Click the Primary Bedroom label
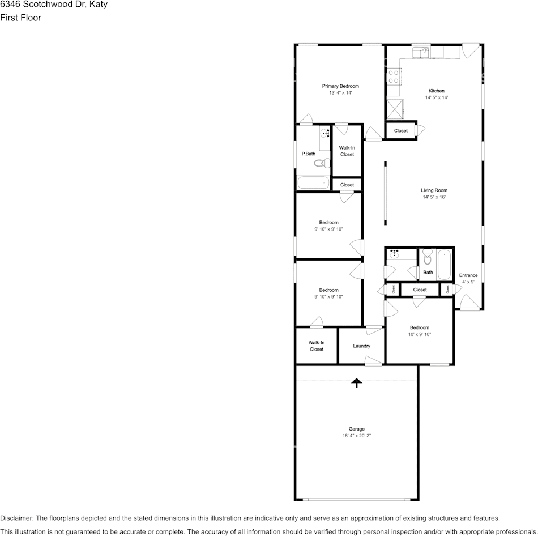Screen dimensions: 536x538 point(340,86)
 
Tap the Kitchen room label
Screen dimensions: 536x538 point(436,91)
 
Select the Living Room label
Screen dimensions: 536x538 point(434,190)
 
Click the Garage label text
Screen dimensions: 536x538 point(356,429)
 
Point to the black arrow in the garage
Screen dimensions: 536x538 point(356,383)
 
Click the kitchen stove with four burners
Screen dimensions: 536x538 point(394,76)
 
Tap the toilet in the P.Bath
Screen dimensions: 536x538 point(322,163)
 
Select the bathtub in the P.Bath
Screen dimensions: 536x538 point(313,182)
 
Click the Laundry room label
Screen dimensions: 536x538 point(361,346)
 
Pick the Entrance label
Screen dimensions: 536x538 point(468,275)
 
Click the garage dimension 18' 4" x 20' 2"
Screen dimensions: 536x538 point(356,436)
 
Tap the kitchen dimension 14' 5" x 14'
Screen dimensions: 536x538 point(436,97)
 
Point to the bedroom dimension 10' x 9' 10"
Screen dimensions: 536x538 point(419,334)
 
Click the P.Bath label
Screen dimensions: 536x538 point(308,154)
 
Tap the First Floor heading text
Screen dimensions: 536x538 point(20,18)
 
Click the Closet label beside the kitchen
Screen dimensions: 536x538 point(400,131)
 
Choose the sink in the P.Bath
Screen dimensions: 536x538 point(324,134)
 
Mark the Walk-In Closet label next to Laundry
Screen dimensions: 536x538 point(316,346)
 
